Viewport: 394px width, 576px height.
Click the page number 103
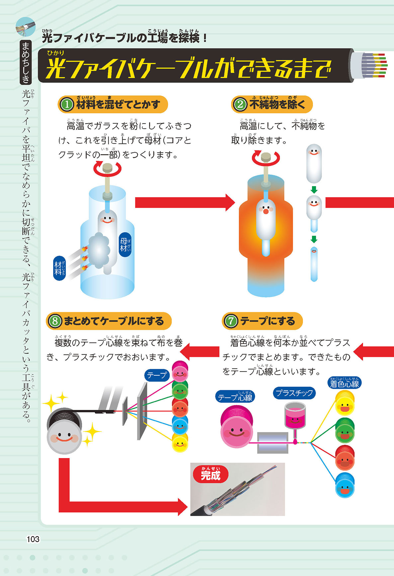[x=33, y=539]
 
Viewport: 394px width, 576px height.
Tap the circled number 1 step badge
[x=67, y=104]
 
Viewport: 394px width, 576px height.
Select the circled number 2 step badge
[x=240, y=104]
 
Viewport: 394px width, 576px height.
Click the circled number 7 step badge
[x=231, y=321]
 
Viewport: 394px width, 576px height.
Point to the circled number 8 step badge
[x=55, y=321]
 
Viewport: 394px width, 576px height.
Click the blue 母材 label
[x=125, y=245]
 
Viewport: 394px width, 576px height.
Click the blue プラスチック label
[x=294, y=393]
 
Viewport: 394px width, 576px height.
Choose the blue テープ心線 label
[x=235, y=397]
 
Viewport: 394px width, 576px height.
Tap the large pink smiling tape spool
[x=237, y=427]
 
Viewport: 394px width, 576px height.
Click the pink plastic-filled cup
[x=295, y=415]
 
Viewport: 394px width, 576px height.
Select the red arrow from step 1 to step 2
[x=184, y=202]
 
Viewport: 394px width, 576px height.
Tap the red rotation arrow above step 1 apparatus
[x=107, y=169]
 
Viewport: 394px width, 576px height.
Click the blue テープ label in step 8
[x=157, y=375]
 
